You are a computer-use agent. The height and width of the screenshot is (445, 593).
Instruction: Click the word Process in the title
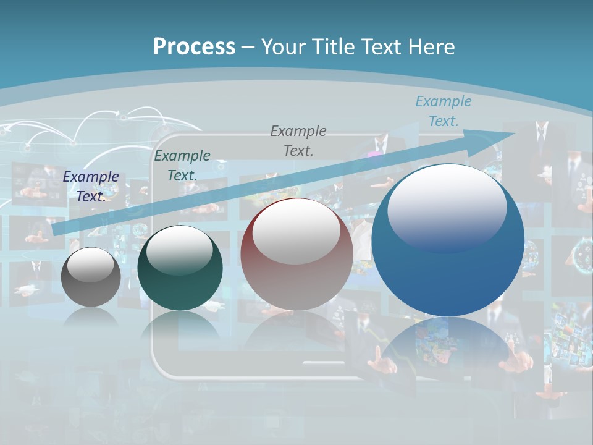194,47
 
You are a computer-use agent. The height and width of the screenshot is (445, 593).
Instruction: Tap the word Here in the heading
428,47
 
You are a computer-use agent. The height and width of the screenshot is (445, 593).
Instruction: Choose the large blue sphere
448,272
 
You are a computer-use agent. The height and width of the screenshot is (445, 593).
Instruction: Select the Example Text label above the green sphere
182,165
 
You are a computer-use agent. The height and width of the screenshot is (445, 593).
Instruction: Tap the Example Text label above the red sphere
298,140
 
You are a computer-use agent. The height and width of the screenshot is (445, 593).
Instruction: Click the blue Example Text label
443,111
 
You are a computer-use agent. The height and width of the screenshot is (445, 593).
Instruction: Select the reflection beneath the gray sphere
91,317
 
